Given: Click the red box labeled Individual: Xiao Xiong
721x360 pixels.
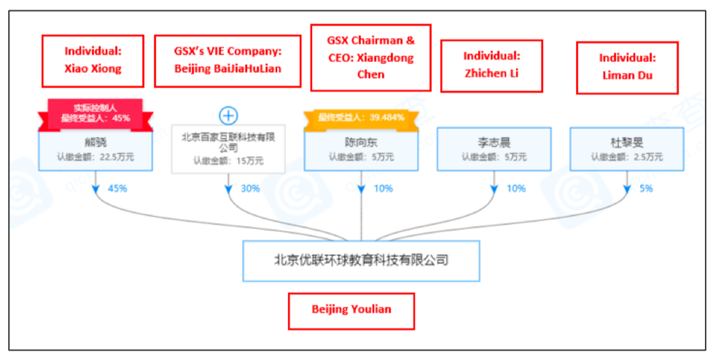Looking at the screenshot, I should (x=93, y=60).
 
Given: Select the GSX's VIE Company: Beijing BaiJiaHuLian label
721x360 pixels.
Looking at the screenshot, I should (x=227, y=60).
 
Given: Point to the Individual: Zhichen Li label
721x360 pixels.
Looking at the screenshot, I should (x=491, y=65).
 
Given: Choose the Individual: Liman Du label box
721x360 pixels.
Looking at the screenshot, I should (x=627, y=66).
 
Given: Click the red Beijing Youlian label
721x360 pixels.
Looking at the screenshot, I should (x=351, y=310).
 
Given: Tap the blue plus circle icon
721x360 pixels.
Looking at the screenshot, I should (x=229, y=115).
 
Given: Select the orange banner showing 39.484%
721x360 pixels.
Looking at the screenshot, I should (x=361, y=117).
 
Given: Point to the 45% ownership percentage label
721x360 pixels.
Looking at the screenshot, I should (x=117, y=189).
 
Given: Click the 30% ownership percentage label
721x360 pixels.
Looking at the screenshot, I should (x=250, y=189).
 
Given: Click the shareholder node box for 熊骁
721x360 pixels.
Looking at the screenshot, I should (x=96, y=149).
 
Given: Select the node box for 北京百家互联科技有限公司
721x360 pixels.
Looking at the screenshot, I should (x=228, y=149).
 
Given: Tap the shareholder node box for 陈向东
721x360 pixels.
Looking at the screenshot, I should (x=361, y=149).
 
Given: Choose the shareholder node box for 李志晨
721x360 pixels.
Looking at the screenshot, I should (x=494, y=149).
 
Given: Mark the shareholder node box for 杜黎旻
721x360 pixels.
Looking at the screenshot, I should (x=626, y=149).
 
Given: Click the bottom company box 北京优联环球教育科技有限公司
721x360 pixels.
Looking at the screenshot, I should (x=361, y=260).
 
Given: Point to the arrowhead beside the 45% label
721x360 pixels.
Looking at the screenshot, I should (x=97, y=189).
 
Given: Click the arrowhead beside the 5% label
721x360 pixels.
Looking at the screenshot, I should (x=627, y=189).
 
